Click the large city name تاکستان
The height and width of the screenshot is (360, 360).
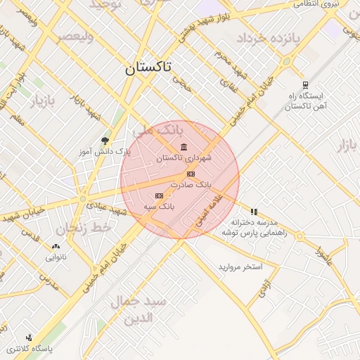[x=152, y=69]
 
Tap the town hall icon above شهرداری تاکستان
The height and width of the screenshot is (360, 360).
[x=184, y=147]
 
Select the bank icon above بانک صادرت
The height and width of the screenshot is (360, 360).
[x=190, y=173]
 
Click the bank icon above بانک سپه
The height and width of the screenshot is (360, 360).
[x=159, y=195]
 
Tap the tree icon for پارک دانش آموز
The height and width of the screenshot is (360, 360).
[x=105, y=141]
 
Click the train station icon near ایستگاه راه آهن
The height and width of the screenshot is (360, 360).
[x=305, y=82]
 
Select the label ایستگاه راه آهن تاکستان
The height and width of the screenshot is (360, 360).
[x=305, y=100]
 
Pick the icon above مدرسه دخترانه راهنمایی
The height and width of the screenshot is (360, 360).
[x=254, y=211]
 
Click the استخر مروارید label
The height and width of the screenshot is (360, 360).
[x=240, y=267]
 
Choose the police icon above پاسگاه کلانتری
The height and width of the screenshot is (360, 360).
[x=29, y=337]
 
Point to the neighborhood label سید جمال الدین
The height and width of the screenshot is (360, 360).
[x=139, y=310]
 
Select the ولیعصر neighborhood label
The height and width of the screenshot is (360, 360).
[x=74, y=35]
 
